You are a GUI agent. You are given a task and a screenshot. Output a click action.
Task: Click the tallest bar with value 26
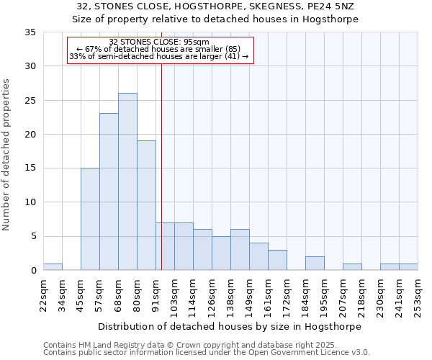pyautogui.click(x=127, y=181)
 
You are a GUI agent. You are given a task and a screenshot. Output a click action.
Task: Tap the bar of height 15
pyautogui.click(x=90, y=219)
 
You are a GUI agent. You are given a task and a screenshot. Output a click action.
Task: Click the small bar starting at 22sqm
pyautogui.click(x=53, y=267)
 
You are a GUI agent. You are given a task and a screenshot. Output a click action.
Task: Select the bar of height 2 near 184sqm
pyautogui.click(x=315, y=264)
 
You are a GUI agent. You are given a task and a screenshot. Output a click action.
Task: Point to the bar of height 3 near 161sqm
pyautogui.click(x=277, y=260)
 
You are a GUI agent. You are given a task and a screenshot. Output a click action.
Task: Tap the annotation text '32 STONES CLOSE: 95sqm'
pyautogui.click(x=159, y=42)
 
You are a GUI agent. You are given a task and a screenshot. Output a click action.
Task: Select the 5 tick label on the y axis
pyautogui.click(x=33, y=237)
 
